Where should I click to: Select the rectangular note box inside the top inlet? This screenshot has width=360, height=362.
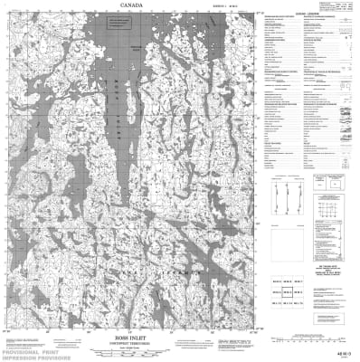[137, 48]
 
